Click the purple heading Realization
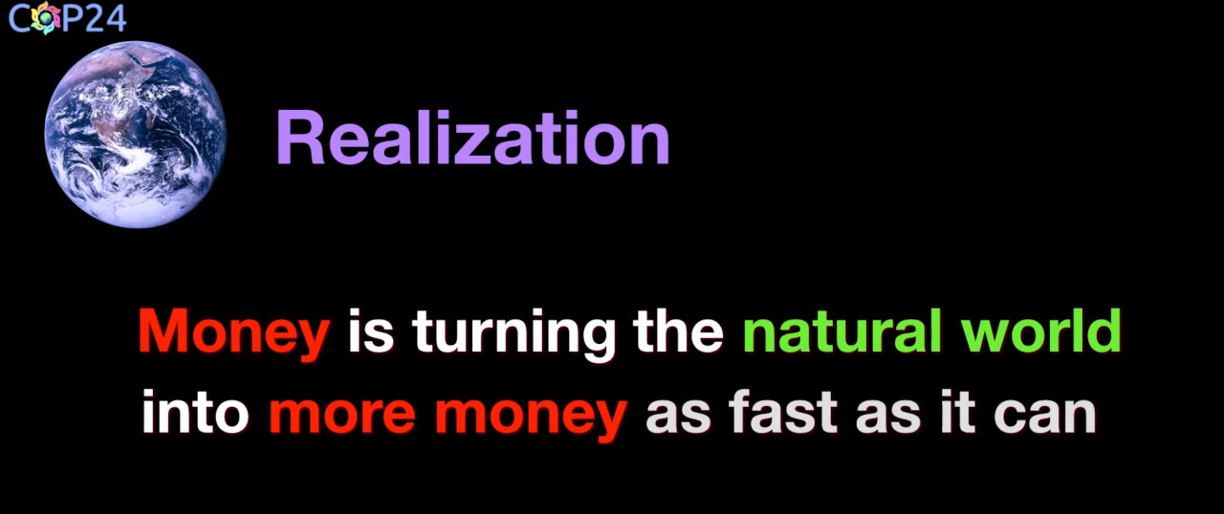[x=473, y=138]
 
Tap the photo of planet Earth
[x=135, y=134]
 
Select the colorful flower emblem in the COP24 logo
[x=46, y=18]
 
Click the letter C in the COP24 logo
[x=19, y=19]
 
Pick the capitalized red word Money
[x=234, y=334]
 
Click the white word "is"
[x=371, y=331]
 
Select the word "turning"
[x=514, y=334]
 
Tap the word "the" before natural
[x=678, y=331]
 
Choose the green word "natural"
[x=842, y=331]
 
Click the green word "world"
[x=1041, y=331]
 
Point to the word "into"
[x=195, y=412]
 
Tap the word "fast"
[x=782, y=412]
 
